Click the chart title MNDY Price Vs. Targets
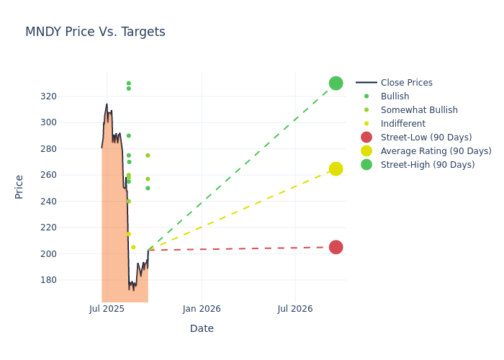[x=95, y=32]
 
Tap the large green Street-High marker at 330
[x=336, y=83]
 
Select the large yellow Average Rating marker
[x=336, y=168]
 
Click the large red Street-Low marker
[x=336, y=247]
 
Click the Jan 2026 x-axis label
[x=202, y=309]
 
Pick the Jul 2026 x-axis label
[x=295, y=309]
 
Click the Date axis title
[x=202, y=328]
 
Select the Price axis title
[x=19, y=186]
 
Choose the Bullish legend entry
[x=395, y=96]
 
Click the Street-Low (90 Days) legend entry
[x=426, y=138]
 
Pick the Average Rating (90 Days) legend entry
[x=436, y=151]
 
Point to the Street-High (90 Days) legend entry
[x=427, y=165]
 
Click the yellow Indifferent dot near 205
[x=133, y=247]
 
